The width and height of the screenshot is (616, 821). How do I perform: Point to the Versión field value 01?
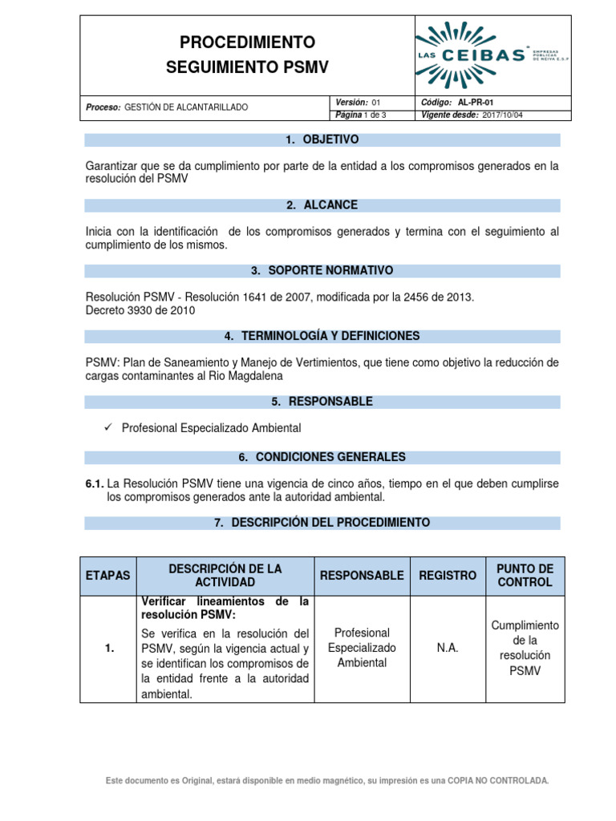tap(374, 103)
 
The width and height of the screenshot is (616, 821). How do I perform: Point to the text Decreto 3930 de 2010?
tap(140, 310)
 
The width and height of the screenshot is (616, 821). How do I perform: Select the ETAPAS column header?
tap(108, 576)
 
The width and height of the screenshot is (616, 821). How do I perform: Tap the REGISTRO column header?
tap(448, 576)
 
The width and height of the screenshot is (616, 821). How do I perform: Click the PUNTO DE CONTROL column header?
tap(525, 576)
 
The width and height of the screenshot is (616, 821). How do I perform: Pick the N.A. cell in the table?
tap(448, 648)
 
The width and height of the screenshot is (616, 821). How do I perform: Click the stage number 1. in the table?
tap(108, 649)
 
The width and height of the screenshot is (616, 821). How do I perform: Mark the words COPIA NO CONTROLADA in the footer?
tap(498, 780)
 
